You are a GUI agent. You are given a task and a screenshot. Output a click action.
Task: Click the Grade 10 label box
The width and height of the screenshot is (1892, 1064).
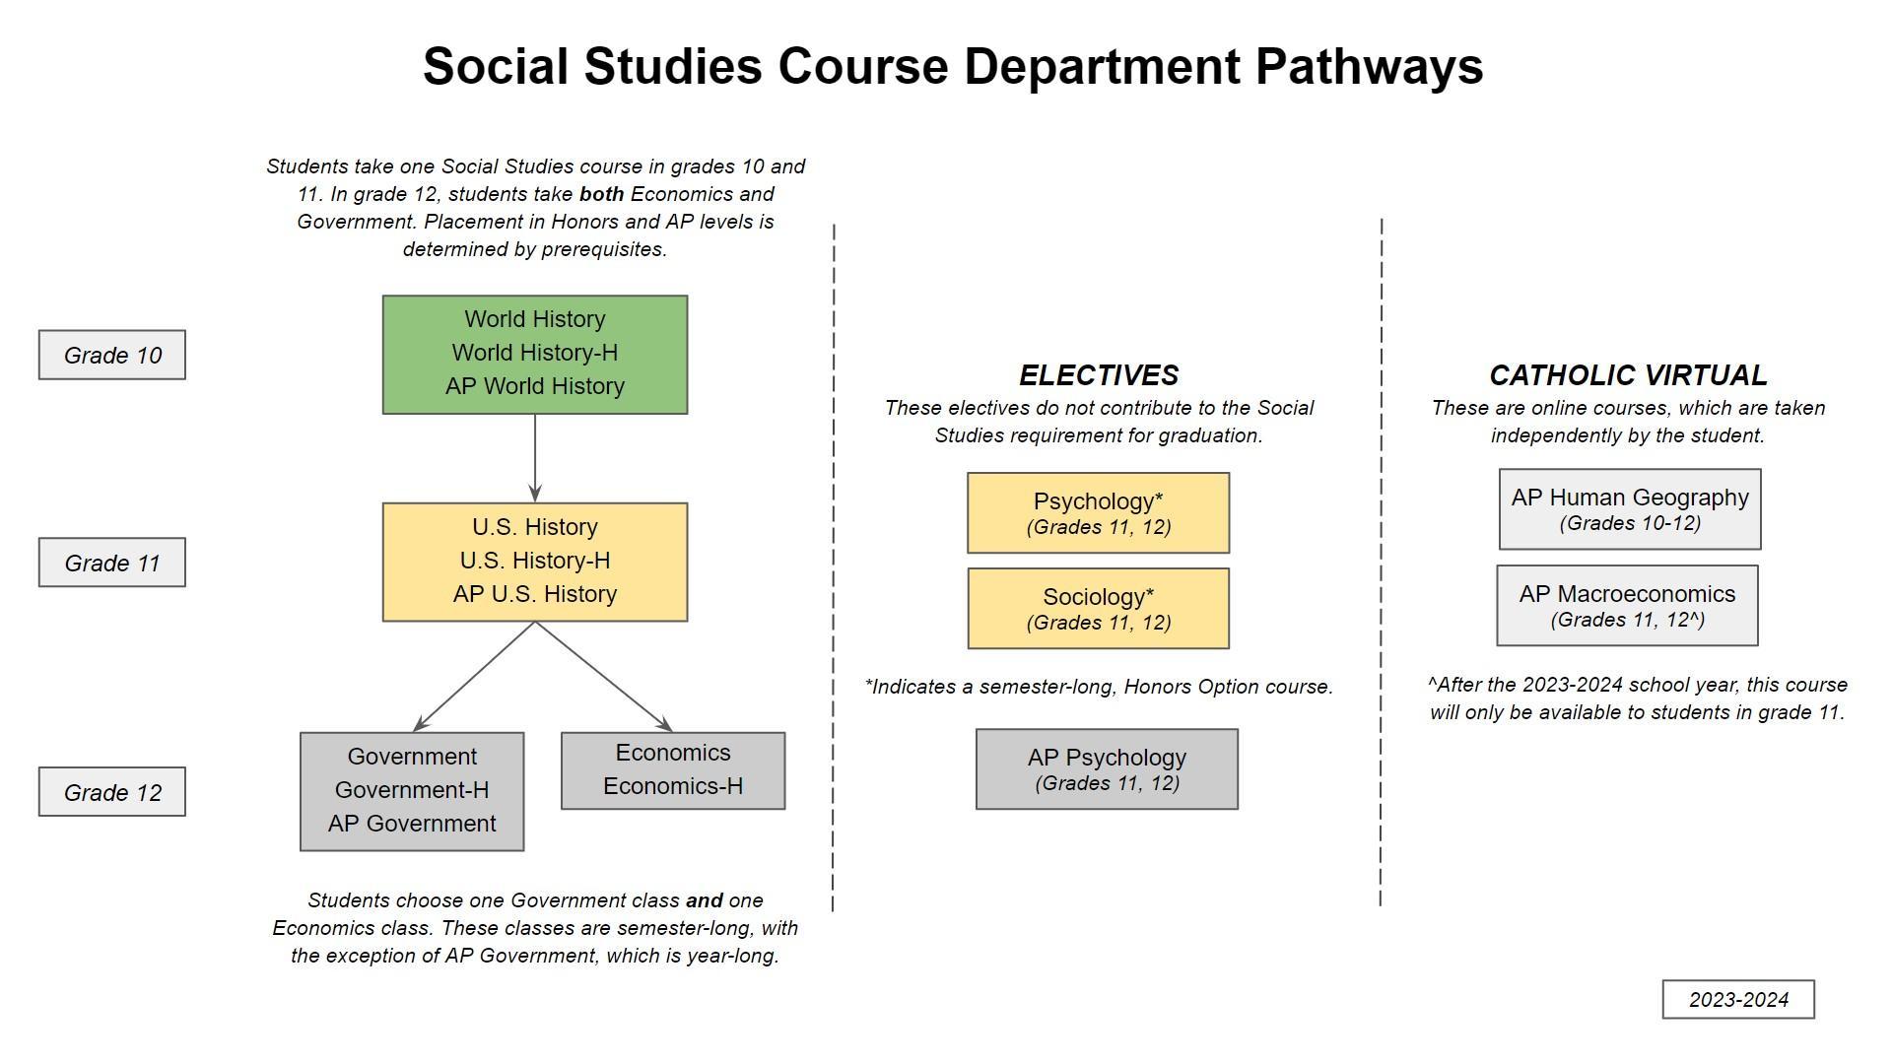pyautogui.click(x=112, y=355)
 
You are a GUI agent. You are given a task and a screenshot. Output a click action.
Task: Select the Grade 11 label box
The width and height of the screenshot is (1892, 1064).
pyautogui.click(x=112, y=563)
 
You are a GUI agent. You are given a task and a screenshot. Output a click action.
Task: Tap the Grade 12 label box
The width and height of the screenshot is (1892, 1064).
pyautogui.click(x=112, y=792)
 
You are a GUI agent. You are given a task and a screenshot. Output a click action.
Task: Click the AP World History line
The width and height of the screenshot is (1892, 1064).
pyautogui.click(x=535, y=386)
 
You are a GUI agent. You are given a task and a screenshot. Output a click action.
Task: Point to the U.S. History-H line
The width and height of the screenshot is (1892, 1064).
pyautogui.click(x=535, y=561)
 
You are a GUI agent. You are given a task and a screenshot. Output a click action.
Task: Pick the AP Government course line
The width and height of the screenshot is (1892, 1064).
pyautogui.click(x=412, y=824)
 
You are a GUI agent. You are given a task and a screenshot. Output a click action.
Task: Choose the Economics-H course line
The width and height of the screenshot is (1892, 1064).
pyautogui.click(x=673, y=786)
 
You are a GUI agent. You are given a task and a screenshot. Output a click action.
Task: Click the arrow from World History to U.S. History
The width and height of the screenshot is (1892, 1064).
pyautogui.click(x=535, y=458)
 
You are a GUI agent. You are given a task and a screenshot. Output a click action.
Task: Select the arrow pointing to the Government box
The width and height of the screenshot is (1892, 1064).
pyautogui.click(x=473, y=678)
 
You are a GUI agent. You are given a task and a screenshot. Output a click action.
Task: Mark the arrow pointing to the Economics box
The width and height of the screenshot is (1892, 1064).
pyautogui.click(x=603, y=678)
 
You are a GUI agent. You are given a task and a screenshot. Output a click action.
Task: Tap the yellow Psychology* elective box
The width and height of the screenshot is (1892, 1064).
pyautogui.click(x=1098, y=512)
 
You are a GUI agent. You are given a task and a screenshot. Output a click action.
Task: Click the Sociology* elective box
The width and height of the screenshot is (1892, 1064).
pyautogui.click(x=1098, y=608)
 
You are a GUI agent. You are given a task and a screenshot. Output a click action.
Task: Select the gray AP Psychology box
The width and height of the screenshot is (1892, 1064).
pyautogui.click(x=1107, y=769)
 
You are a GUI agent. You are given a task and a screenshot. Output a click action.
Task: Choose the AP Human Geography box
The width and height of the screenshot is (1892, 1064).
pyautogui.click(x=1630, y=508)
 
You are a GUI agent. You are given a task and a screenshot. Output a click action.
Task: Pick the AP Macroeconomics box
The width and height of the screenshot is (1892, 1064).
pyautogui.click(x=1627, y=605)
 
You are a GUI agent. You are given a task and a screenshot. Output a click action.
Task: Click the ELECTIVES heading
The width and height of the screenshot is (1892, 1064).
pyautogui.click(x=1099, y=375)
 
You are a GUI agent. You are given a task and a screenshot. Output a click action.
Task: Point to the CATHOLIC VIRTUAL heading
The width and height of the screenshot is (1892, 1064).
pyautogui.click(x=1628, y=375)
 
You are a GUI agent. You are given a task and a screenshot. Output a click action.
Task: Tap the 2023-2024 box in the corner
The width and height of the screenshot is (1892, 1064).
pyautogui.click(x=1738, y=999)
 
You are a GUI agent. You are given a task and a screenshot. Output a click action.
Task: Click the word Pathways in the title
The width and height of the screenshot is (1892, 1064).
pyautogui.click(x=1369, y=67)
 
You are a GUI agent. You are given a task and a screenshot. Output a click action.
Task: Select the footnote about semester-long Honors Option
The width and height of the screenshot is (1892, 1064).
pyautogui.click(x=1099, y=687)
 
